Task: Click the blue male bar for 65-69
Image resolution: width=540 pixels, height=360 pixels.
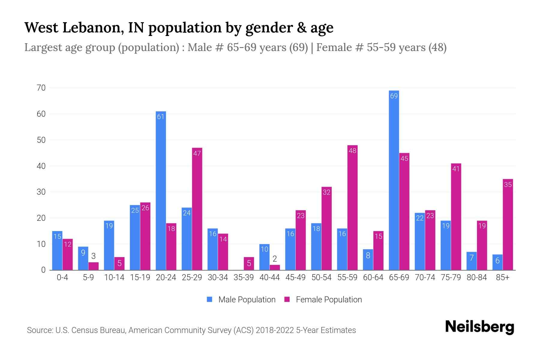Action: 394,180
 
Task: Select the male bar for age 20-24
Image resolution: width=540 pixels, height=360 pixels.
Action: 161,190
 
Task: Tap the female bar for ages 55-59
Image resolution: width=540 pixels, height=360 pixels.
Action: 352,208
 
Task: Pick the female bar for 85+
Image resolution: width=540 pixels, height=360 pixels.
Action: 508,224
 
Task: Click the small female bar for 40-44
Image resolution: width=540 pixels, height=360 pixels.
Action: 274,267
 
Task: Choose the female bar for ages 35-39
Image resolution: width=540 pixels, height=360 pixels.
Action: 249,263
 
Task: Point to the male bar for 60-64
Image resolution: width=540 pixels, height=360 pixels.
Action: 368,259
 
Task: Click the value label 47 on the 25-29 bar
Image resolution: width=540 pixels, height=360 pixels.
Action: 197,153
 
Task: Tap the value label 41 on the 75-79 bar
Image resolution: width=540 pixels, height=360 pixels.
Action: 456,169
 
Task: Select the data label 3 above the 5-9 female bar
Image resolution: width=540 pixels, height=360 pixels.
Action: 93,256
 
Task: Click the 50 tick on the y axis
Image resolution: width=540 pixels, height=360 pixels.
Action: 41,140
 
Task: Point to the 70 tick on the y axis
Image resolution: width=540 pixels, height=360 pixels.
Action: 41,88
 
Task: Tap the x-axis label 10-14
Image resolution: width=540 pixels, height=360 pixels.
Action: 114,277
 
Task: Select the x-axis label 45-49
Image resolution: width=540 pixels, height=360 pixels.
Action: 295,277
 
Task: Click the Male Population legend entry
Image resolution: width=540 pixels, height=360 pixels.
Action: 247,300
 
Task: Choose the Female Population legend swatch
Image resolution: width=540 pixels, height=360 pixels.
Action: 287,299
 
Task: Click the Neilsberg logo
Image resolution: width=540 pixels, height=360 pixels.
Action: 479,327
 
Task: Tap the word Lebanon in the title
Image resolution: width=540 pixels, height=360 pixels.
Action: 93,28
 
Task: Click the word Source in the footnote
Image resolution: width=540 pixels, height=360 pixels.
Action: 39,330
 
